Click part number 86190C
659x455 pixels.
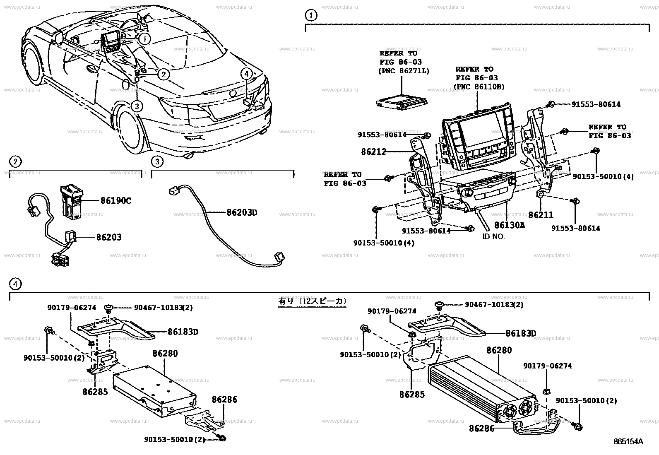coord(115,201)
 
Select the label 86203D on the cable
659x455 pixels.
coord(242,212)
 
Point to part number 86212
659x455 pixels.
coord(373,152)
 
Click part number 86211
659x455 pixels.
coord(541,215)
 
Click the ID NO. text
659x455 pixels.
coord(493,237)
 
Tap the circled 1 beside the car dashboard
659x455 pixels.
coord(144,39)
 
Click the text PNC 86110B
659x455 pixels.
coord(479,87)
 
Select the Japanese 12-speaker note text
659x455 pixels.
coord(312,301)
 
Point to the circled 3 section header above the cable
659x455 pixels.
coord(157,161)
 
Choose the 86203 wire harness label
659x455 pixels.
coord(109,238)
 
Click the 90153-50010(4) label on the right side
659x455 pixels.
coord(603,176)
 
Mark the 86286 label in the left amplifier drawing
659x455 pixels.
coord(224,400)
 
